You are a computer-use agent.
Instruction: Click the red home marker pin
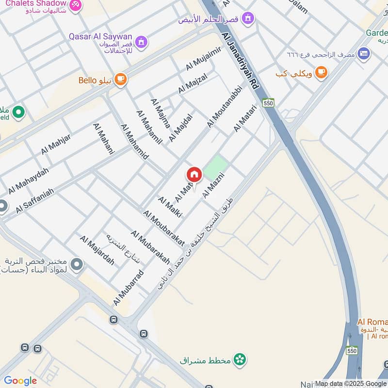194,175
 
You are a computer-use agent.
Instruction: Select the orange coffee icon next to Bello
120,80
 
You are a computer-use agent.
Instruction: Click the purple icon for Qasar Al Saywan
141,42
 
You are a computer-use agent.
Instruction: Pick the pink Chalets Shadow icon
75,5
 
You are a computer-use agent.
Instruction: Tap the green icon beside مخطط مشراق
239,359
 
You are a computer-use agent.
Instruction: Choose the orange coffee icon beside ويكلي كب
320,73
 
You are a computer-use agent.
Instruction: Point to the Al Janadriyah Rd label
241,58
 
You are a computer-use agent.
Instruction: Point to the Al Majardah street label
97,250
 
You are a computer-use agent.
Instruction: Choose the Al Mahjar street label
56,144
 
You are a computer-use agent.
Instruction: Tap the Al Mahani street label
103,139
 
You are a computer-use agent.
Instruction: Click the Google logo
20,381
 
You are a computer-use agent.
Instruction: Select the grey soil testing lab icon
76,265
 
